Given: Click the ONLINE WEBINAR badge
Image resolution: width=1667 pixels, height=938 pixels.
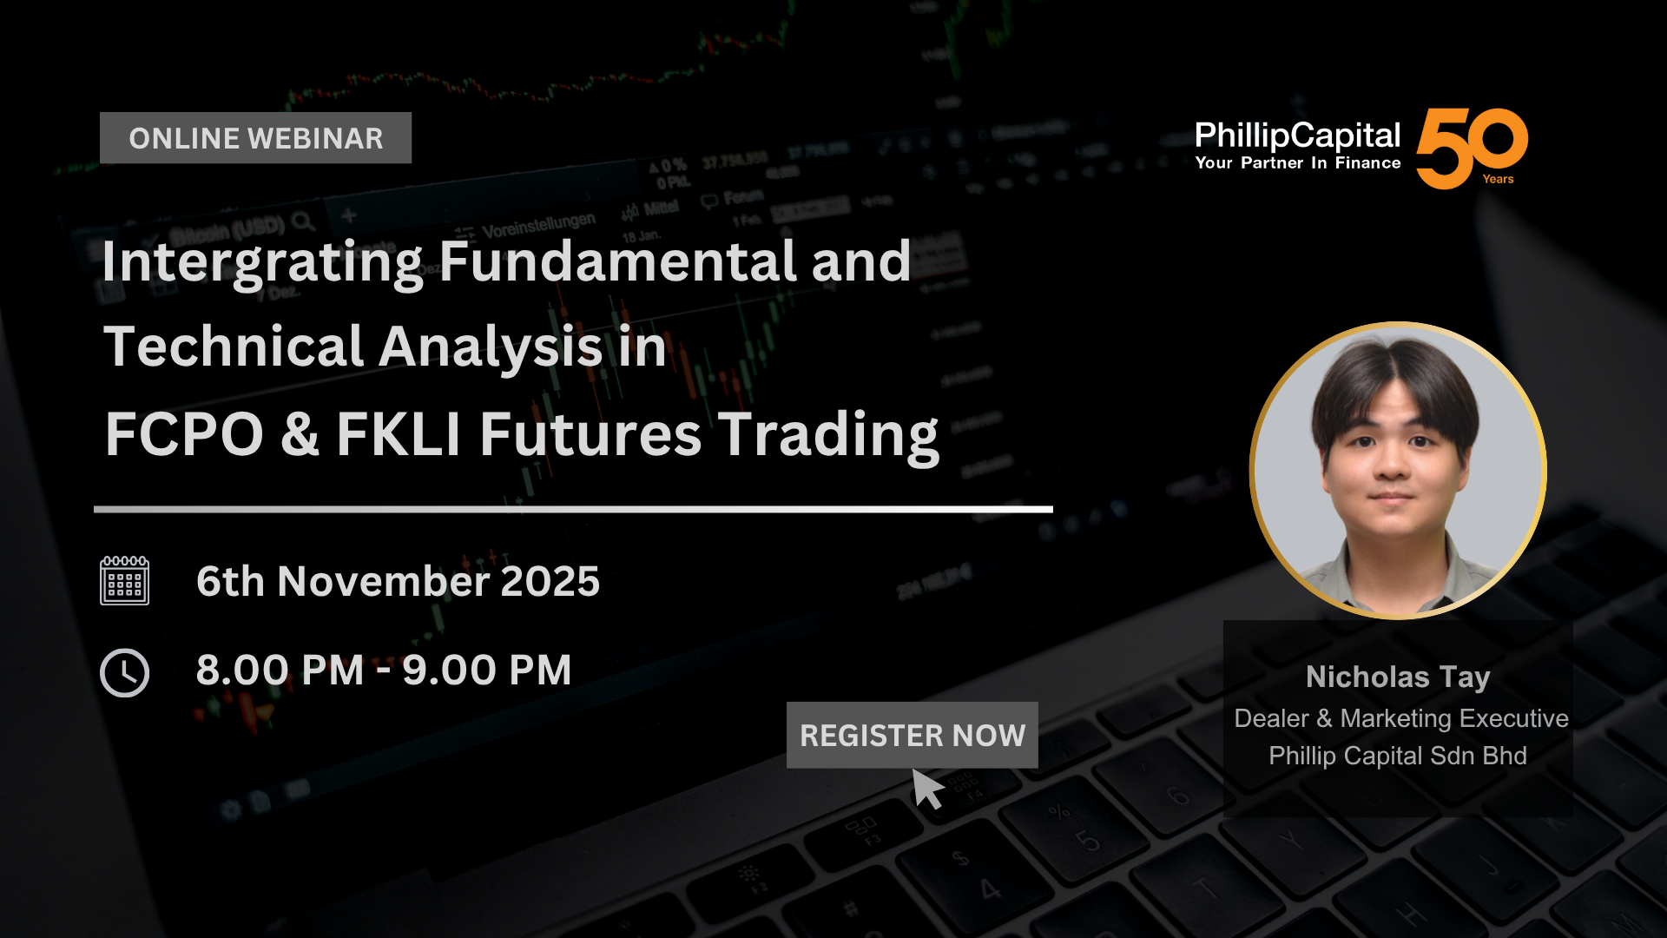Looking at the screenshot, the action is (x=255, y=138).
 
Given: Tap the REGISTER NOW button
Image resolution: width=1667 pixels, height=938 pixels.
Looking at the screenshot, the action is (x=912, y=735).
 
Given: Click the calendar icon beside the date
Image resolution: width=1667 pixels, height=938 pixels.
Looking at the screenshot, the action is (x=124, y=580).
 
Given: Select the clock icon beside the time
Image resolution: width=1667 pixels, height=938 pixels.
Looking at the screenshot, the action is (x=124, y=672).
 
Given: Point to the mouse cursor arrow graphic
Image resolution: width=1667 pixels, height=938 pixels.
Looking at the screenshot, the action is (x=926, y=789).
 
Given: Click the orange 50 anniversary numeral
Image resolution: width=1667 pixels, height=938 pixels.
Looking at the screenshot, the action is (x=1472, y=148).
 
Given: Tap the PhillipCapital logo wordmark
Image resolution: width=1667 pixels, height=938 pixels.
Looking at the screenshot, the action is (x=1297, y=135).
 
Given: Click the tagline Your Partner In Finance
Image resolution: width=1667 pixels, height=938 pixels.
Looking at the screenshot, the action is (x=1297, y=163).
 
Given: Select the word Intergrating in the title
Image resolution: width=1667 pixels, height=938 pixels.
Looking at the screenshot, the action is (x=262, y=262).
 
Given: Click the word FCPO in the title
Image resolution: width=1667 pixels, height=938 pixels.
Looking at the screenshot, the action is (x=184, y=434).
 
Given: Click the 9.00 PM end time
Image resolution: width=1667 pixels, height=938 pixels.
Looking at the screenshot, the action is (x=487, y=670).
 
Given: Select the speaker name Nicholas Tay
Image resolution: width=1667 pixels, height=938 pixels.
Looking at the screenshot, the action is (x=1398, y=677).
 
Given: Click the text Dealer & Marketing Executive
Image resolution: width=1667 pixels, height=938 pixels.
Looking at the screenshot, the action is (x=1401, y=718).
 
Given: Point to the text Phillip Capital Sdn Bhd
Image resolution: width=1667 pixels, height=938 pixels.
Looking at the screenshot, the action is (x=1398, y=756).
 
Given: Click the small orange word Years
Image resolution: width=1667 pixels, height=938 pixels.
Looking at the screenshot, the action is (x=1498, y=179).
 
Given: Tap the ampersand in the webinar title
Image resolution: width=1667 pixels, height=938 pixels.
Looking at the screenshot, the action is (x=300, y=434).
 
